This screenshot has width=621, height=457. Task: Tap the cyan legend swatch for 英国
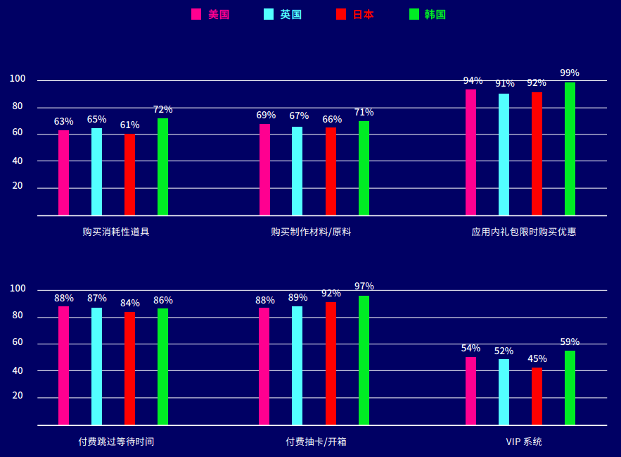click(x=269, y=14)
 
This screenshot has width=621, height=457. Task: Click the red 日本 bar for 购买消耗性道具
click(x=129, y=175)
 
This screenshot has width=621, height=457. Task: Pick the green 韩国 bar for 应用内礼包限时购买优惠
click(x=570, y=149)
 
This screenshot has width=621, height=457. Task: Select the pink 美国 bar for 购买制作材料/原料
click(x=264, y=170)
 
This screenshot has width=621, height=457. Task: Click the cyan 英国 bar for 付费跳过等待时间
click(x=96, y=366)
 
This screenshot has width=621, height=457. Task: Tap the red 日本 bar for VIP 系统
click(x=537, y=396)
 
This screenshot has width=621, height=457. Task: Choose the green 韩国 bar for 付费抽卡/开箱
click(x=364, y=361)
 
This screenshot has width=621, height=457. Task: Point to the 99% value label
click(x=570, y=73)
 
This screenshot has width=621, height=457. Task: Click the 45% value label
click(x=537, y=358)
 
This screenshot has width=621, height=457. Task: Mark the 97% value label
click(x=364, y=286)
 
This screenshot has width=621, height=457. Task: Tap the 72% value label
click(x=162, y=109)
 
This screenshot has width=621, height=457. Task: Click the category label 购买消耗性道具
click(x=116, y=232)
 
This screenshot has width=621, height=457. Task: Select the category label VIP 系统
click(x=524, y=442)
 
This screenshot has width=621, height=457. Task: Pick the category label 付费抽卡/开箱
click(x=316, y=442)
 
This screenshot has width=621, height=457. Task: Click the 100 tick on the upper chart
click(x=17, y=79)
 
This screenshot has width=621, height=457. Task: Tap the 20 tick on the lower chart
click(x=17, y=396)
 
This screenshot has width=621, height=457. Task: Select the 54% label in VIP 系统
click(x=470, y=348)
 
